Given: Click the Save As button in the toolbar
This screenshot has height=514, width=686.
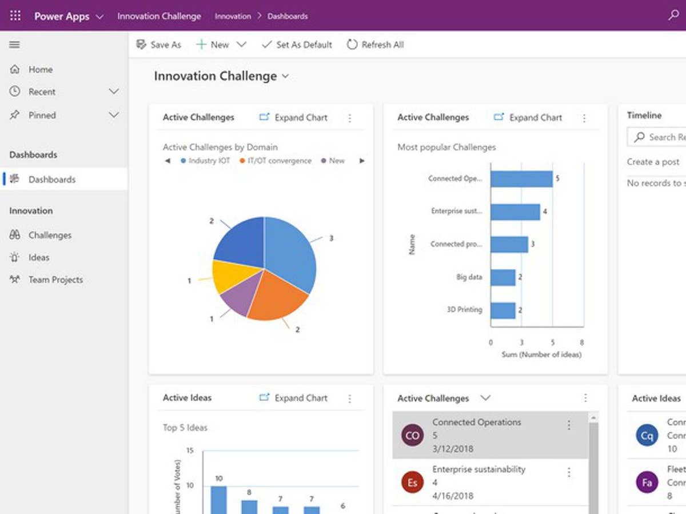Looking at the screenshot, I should [159, 45].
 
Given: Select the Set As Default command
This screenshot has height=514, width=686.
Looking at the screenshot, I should [297, 45].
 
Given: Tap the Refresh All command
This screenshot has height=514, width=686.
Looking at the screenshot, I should [376, 45].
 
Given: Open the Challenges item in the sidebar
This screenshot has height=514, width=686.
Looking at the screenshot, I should [50, 235].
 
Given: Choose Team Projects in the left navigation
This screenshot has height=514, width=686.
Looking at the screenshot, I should [55, 280].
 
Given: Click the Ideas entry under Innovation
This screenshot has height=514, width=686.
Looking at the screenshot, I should [39, 257].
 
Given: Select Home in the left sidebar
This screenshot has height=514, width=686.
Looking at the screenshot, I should [40, 69].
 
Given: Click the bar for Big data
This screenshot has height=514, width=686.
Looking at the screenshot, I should [503, 277].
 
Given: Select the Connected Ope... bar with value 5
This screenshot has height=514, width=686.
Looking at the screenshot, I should [521, 179].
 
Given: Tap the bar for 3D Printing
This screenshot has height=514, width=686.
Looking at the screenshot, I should [503, 310].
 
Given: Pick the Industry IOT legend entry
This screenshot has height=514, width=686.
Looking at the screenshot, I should [205, 161].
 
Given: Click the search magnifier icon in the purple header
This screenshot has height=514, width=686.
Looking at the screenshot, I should [673, 15].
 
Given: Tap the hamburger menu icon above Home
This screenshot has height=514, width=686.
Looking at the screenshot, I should [15, 45].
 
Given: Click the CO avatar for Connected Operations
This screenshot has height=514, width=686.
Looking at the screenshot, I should [412, 435].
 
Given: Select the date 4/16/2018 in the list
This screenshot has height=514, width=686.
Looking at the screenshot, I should [453, 496].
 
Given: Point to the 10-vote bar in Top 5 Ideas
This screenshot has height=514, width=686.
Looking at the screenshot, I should [218, 500].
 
